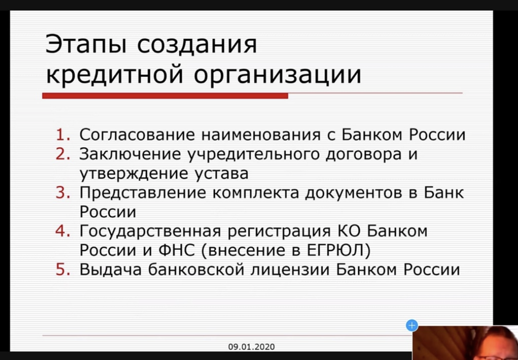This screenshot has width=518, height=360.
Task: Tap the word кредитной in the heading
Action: (x=114, y=75)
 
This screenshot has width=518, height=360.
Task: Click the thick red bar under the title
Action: (x=165, y=96)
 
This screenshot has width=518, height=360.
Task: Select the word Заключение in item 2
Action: (x=130, y=155)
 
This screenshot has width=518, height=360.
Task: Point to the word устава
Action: (x=221, y=174)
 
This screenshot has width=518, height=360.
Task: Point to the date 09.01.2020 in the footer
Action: (x=252, y=347)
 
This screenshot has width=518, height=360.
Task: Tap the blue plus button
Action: (x=412, y=326)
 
